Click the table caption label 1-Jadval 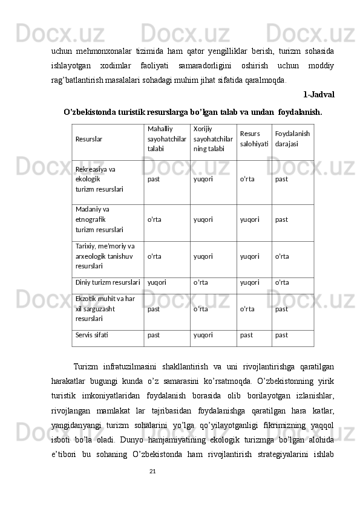point(319,95)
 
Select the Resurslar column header point(88,139)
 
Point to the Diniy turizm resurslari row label point(108,282)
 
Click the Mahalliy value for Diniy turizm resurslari point(157,282)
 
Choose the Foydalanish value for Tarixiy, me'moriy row point(282,256)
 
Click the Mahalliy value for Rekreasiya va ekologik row point(154,179)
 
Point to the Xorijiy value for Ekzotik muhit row point(201,309)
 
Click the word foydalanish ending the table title point(300,112)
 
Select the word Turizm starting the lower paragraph point(85,366)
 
